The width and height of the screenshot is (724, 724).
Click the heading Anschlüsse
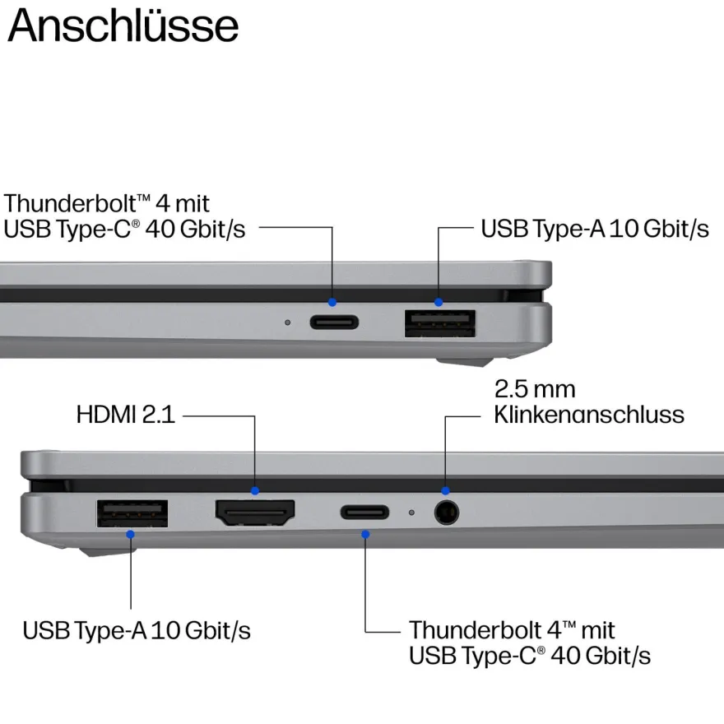tap(123, 26)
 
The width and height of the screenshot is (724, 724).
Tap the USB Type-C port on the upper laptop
tap(334, 322)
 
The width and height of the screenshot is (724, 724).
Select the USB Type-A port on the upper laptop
tap(440, 323)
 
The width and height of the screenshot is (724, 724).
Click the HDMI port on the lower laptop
tap(255, 513)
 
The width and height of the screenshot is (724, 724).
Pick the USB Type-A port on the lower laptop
tap(132, 513)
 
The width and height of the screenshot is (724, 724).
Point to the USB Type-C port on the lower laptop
tap(364, 512)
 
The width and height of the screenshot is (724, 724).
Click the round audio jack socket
tap(447, 513)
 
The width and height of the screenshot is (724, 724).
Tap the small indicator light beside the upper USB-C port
tap(288, 323)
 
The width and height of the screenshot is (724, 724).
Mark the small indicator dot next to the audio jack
tap(411, 513)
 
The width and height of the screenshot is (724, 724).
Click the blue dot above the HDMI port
tap(255, 491)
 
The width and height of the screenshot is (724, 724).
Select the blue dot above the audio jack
tap(445, 490)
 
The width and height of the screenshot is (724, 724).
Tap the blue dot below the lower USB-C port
tap(365, 534)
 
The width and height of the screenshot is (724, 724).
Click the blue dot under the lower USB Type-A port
tap(130, 534)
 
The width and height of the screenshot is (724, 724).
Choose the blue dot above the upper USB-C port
tap(332, 303)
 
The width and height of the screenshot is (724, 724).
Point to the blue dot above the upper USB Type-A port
tap(439, 303)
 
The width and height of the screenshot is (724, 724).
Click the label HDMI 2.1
tap(126, 414)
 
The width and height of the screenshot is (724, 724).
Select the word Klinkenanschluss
tap(589, 414)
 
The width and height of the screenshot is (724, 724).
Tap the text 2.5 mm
tap(535, 389)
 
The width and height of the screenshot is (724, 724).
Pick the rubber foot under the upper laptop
tap(464, 362)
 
